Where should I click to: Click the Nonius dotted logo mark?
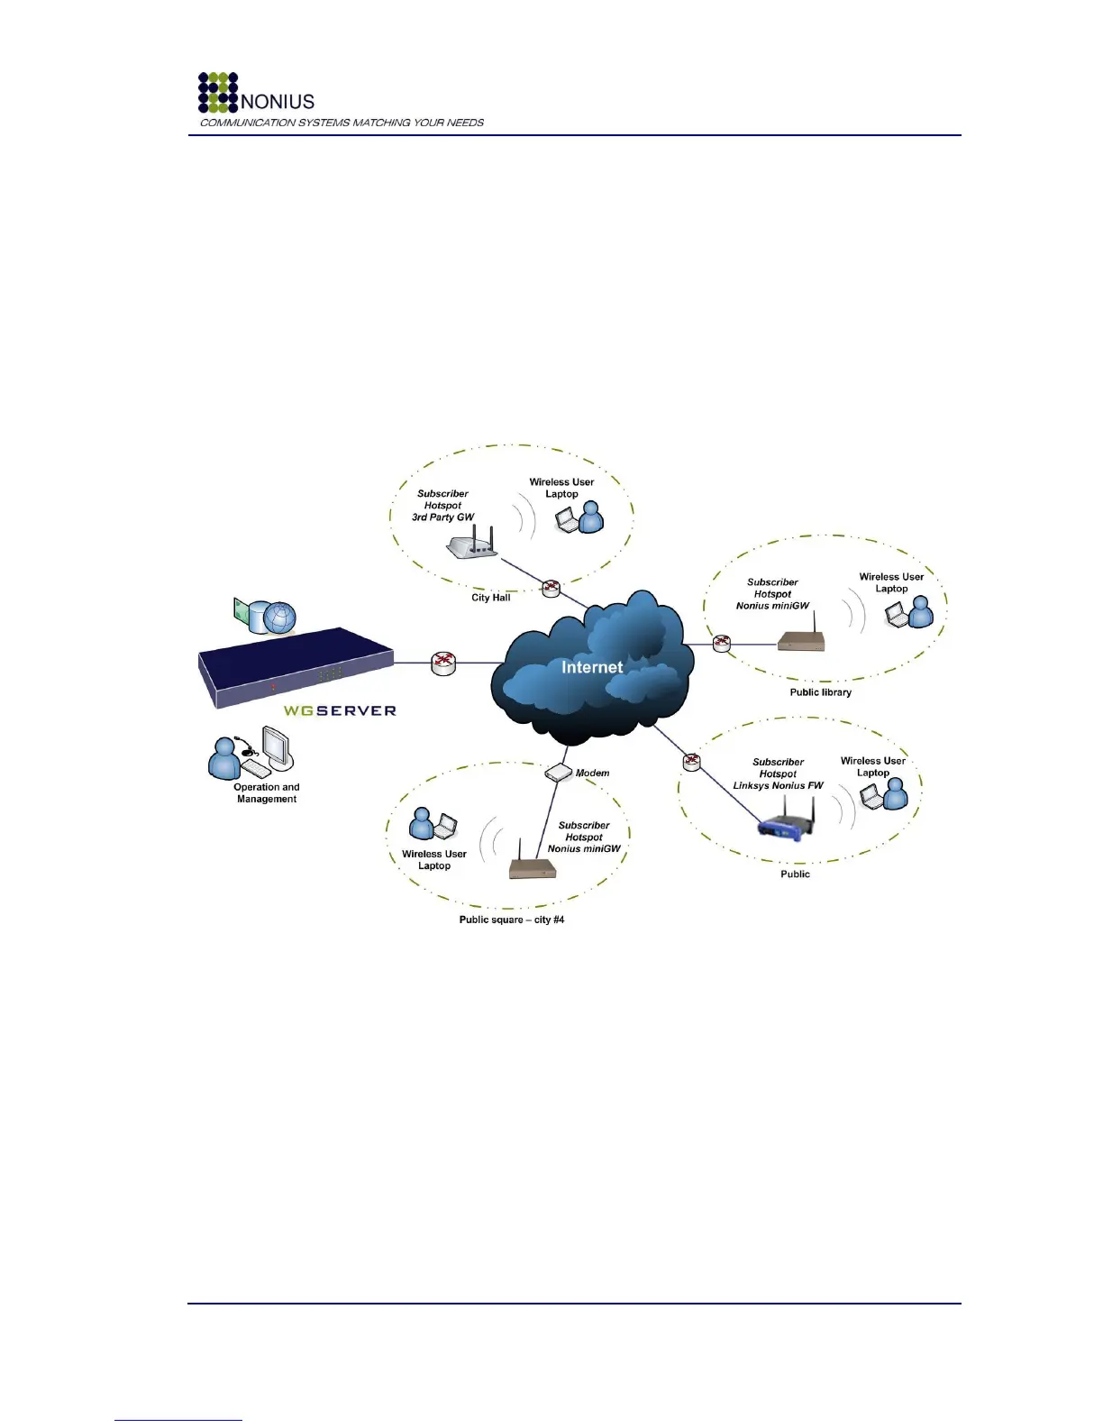click(x=218, y=93)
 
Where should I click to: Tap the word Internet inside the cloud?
click(x=592, y=667)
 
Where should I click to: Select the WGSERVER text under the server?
click(x=340, y=710)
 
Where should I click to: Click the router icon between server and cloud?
click(x=443, y=664)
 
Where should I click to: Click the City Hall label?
click(x=491, y=598)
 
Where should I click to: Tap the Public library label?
click(x=820, y=692)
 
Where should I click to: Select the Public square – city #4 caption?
click(x=512, y=920)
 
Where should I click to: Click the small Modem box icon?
click(x=559, y=773)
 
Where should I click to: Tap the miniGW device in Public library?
click(x=801, y=641)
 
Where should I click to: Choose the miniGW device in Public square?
click(x=533, y=868)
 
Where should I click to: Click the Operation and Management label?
click(x=267, y=793)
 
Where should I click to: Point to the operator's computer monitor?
click(x=278, y=747)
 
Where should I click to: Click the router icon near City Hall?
click(x=551, y=589)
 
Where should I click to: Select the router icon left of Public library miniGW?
click(x=721, y=644)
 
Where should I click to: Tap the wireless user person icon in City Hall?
click(x=591, y=517)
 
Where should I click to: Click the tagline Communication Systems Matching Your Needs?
click(x=342, y=123)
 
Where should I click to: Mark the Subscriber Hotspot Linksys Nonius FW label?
click(x=778, y=773)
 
